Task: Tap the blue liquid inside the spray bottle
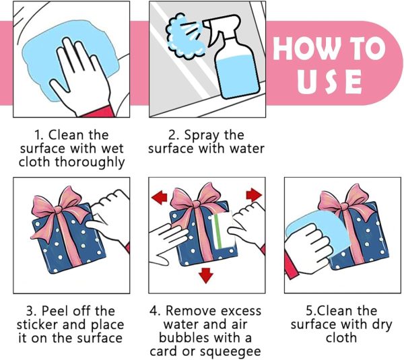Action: coord(238,76)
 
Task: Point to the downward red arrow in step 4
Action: coord(206,275)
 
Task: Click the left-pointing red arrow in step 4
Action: coord(160,197)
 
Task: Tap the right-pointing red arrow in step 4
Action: coord(254,194)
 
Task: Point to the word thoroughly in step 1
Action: coord(90,163)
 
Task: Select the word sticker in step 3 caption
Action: coord(37,325)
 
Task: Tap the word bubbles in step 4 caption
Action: coord(184,338)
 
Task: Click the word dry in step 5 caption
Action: coord(382,325)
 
